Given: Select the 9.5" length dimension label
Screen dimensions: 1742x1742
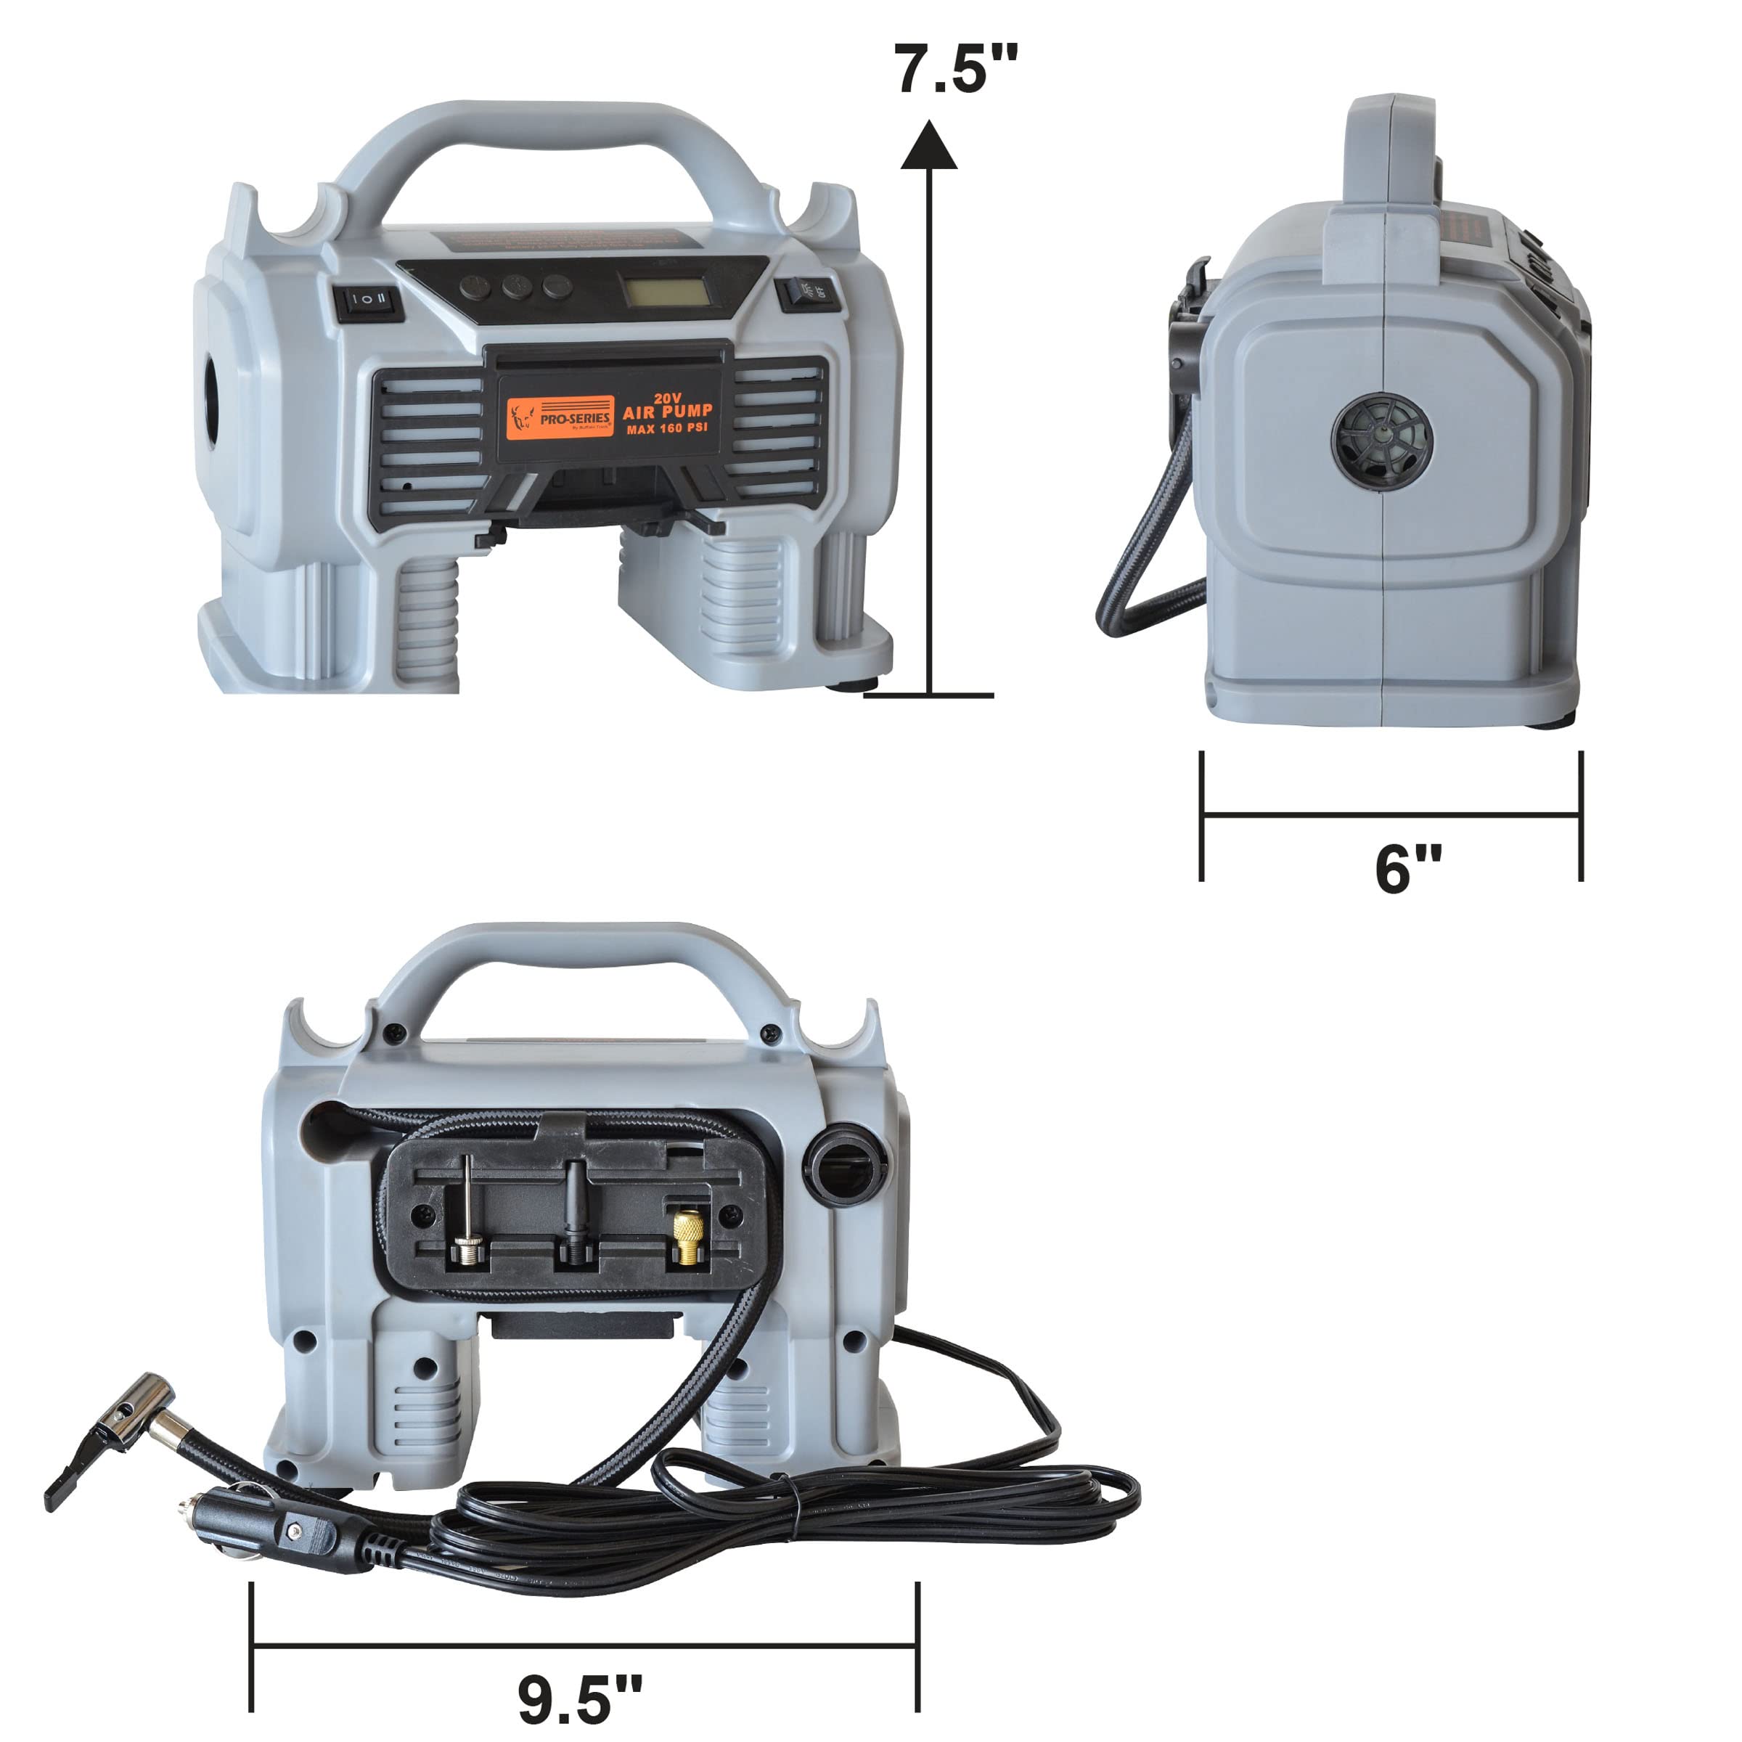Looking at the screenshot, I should pyautogui.click(x=580, y=1698).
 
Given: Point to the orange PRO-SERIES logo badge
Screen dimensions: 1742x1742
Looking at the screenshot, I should pyautogui.click(x=559, y=417).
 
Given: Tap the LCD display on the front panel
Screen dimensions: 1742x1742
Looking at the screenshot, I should pyautogui.click(x=666, y=290).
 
